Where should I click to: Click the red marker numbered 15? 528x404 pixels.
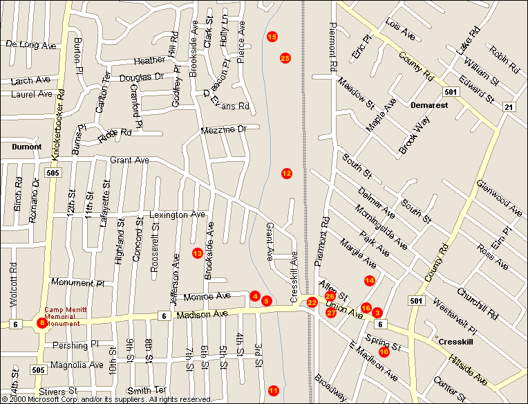pos(272,36)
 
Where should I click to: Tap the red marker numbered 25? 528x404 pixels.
pos(285,58)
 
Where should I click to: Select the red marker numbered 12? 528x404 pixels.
pos(287,173)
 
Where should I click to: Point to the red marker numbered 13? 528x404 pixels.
pos(197,253)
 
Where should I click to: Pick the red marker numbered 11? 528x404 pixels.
pos(274,391)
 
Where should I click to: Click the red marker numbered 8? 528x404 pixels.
pos(42,322)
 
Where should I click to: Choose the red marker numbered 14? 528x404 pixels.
pos(370,280)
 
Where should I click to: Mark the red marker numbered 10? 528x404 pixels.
pos(384,351)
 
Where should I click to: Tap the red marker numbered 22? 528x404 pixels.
pos(312,302)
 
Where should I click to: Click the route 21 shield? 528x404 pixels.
pos(509,106)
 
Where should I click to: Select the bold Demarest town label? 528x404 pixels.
pos(428,106)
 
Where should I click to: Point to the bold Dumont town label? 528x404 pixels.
pos(27,147)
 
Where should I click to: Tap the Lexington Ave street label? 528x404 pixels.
pos(178,215)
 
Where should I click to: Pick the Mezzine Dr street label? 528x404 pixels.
pos(223,129)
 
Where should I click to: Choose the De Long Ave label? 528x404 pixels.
pos(30,45)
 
